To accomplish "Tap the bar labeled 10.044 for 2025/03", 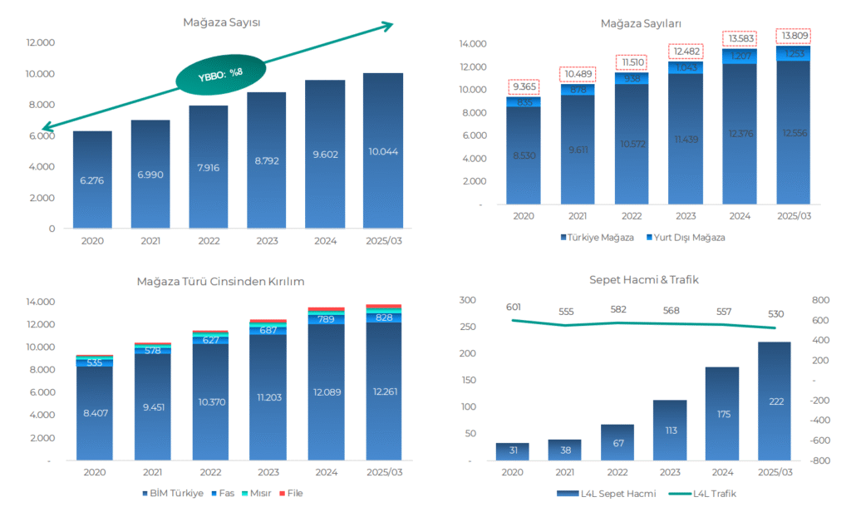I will pyautogui.click(x=384, y=150).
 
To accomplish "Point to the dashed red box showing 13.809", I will pyautogui.click(x=793, y=37).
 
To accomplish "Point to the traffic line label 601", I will pyautogui.click(x=513, y=307).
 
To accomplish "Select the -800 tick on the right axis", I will pyautogui.click(x=819, y=460).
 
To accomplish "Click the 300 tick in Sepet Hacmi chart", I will pyautogui.click(x=467, y=300).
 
